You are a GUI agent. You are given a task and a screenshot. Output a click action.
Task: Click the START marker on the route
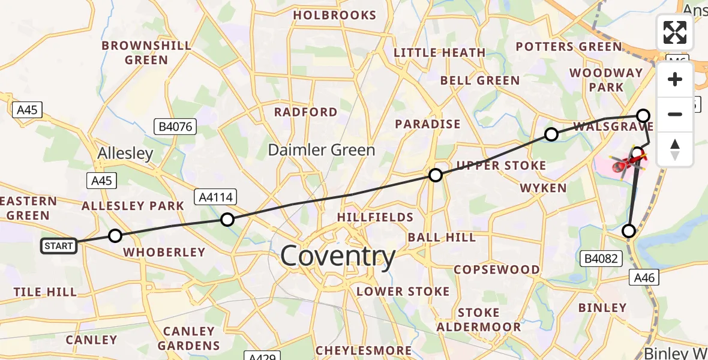[x=59, y=245]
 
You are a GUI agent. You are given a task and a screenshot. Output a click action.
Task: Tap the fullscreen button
[x=675, y=32]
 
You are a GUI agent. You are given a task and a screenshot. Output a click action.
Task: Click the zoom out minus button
[x=675, y=114]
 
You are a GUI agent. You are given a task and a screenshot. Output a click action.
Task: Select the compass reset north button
[x=675, y=149]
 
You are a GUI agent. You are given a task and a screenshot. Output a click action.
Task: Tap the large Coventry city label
[x=338, y=256]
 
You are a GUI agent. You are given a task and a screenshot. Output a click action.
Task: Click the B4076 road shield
[x=175, y=127]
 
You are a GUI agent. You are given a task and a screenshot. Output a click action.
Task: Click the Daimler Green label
[x=322, y=150]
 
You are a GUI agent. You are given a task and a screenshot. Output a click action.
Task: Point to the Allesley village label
[x=126, y=154]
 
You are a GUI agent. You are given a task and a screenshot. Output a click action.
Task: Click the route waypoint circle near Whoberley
[x=115, y=236]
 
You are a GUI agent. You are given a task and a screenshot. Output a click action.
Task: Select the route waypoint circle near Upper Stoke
[x=436, y=175]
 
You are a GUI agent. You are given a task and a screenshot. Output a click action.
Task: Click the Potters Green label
[x=569, y=47]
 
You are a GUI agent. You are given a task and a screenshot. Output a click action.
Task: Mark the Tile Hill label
[x=46, y=292]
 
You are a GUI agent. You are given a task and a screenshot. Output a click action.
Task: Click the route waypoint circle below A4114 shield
[x=227, y=220]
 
